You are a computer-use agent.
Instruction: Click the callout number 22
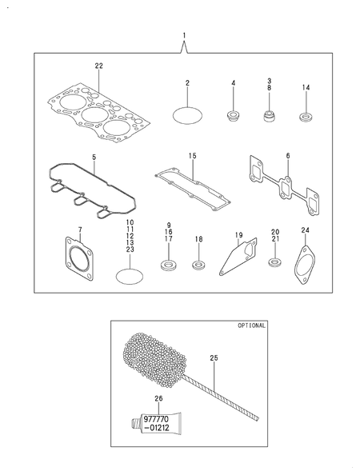pyautogui.click(x=98, y=66)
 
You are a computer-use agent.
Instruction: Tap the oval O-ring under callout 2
pyautogui.click(x=187, y=115)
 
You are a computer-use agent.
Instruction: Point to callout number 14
pyautogui.click(x=306, y=87)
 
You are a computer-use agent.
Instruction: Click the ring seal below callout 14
pyautogui.click(x=306, y=118)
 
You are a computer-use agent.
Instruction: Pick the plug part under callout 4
pyautogui.click(x=234, y=116)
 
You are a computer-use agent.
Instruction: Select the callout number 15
pyautogui.click(x=193, y=156)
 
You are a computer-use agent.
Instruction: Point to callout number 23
pyautogui.click(x=130, y=249)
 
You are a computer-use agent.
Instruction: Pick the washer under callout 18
pyautogui.click(x=198, y=265)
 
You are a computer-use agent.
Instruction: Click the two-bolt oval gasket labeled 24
pyautogui.click(x=305, y=264)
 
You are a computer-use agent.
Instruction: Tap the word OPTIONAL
pyautogui.click(x=251, y=325)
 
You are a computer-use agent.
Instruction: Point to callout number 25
pyautogui.click(x=214, y=357)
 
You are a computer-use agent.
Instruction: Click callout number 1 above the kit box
pyautogui.click(x=184, y=36)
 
